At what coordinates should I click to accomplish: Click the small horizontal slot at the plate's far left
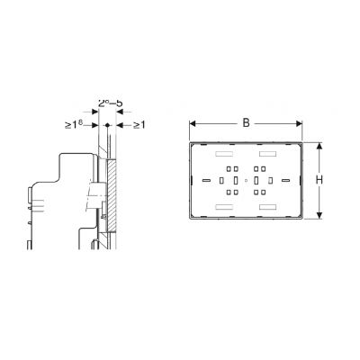(208, 181)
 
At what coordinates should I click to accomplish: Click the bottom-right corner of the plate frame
(303, 220)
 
